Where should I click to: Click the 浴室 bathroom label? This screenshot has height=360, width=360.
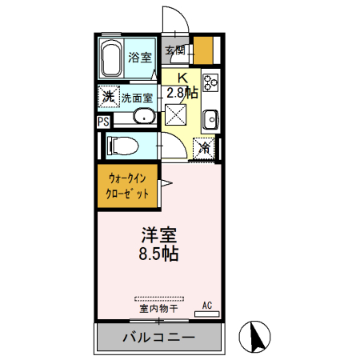click(x=141, y=57)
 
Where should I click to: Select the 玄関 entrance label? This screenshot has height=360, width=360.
click(x=176, y=50)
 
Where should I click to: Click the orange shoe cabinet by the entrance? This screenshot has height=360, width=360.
click(x=205, y=51)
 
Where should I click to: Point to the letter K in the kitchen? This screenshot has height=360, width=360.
click(x=182, y=78)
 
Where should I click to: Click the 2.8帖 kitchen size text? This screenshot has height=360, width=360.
click(x=182, y=91)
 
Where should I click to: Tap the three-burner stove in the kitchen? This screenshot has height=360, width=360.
click(x=211, y=82)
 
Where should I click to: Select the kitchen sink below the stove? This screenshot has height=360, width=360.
click(x=211, y=119)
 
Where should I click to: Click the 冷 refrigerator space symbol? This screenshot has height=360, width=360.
click(x=206, y=147)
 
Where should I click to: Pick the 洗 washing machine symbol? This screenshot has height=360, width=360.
click(x=108, y=97)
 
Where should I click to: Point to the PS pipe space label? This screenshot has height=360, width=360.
click(x=103, y=122)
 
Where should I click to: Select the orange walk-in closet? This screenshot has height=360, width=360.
click(x=128, y=186)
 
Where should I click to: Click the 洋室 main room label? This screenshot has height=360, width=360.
click(x=158, y=237)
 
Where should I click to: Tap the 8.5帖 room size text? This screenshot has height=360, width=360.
click(x=158, y=256)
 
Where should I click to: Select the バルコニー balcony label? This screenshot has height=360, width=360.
click(x=158, y=337)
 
